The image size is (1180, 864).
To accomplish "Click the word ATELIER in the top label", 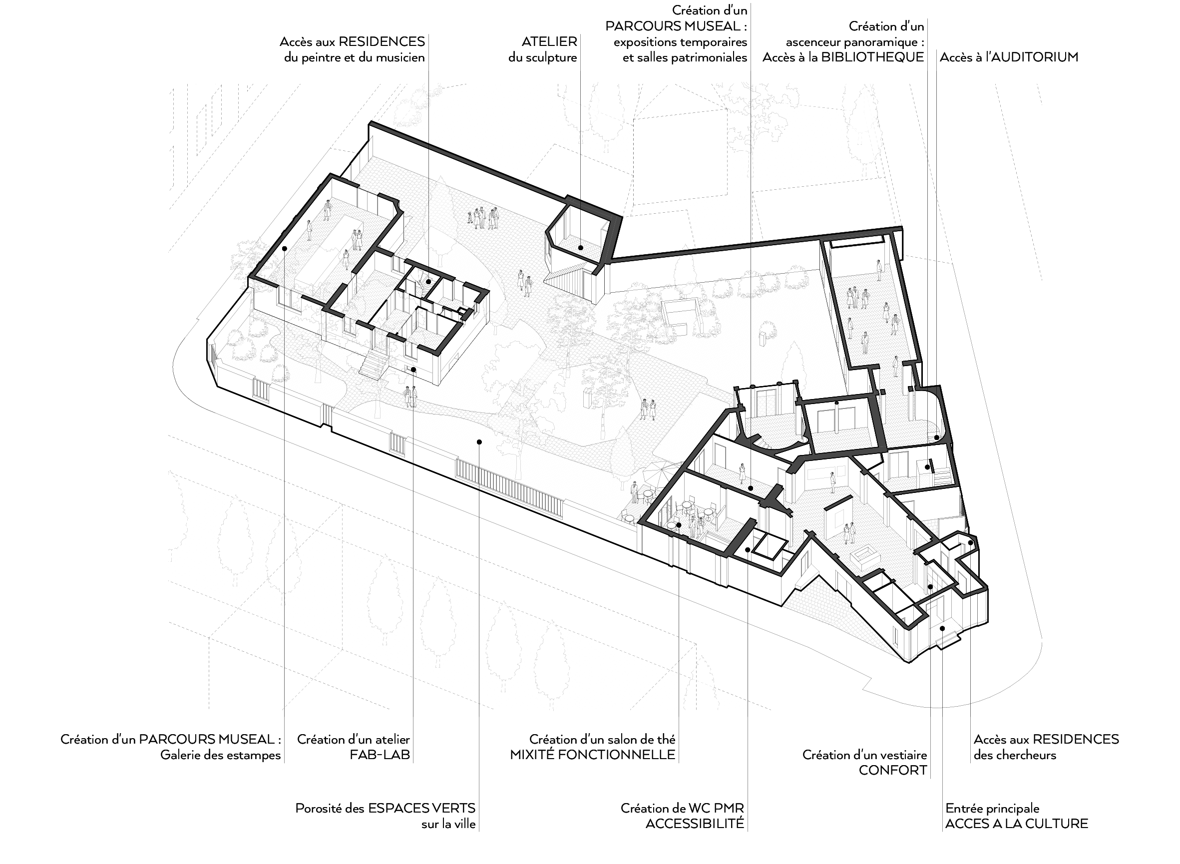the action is [x=549, y=41].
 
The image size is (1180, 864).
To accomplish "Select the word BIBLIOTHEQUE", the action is [x=872, y=57].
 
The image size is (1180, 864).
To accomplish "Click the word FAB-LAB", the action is [x=380, y=755].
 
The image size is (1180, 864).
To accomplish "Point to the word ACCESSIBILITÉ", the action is [x=695, y=824].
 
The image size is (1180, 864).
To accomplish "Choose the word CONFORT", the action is [x=893, y=771].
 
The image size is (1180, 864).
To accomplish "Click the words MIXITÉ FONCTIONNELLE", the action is [x=593, y=755].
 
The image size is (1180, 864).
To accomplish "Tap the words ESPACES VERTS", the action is [x=422, y=808].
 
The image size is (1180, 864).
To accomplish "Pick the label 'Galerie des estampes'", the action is [x=221, y=755].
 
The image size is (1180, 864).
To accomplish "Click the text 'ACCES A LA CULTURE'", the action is [x=1017, y=824].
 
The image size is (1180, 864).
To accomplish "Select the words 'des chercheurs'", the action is [x=1015, y=755].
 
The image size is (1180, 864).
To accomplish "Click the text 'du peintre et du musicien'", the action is [x=355, y=57].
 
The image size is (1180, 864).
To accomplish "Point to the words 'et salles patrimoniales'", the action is [x=685, y=57].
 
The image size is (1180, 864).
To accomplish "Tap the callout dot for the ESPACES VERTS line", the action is [x=479, y=442].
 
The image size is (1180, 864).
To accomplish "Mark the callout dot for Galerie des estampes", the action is [x=284, y=248].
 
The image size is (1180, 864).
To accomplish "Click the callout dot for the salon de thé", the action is [x=679, y=525].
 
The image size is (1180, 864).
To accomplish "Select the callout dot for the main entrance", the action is [x=942, y=628].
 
